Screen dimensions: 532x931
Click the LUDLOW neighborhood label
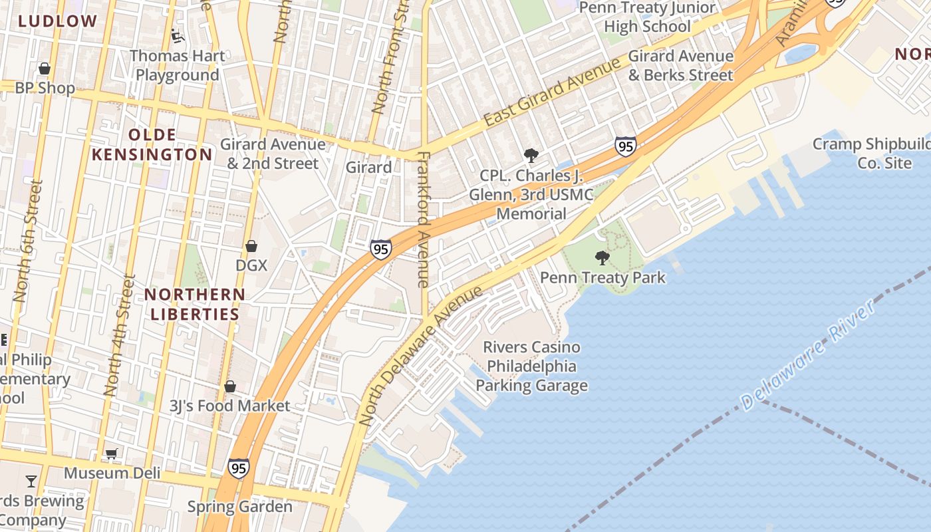coord(57,21)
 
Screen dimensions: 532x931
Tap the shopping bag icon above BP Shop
coord(45,68)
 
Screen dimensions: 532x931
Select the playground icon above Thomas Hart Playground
coord(177,35)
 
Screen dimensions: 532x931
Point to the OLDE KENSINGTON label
coord(152,145)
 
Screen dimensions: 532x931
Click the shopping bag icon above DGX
coord(251,247)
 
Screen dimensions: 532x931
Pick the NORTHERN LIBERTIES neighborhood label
coord(195,304)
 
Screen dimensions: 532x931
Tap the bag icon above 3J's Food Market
coord(230,386)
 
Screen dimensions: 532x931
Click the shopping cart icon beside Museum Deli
coord(112,454)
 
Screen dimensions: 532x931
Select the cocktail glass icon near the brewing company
coord(31,481)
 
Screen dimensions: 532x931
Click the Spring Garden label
coord(239,507)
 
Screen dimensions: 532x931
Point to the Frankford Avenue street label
coord(424,219)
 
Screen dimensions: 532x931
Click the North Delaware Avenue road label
coord(420,356)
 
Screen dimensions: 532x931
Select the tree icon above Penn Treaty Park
coord(602,257)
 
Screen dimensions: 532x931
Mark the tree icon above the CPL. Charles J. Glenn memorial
coord(531,156)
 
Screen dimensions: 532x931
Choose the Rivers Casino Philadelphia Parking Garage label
coord(531,366)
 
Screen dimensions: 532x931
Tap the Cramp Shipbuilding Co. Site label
coord(871,154)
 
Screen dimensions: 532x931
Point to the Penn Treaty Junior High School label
coord(647,17)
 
